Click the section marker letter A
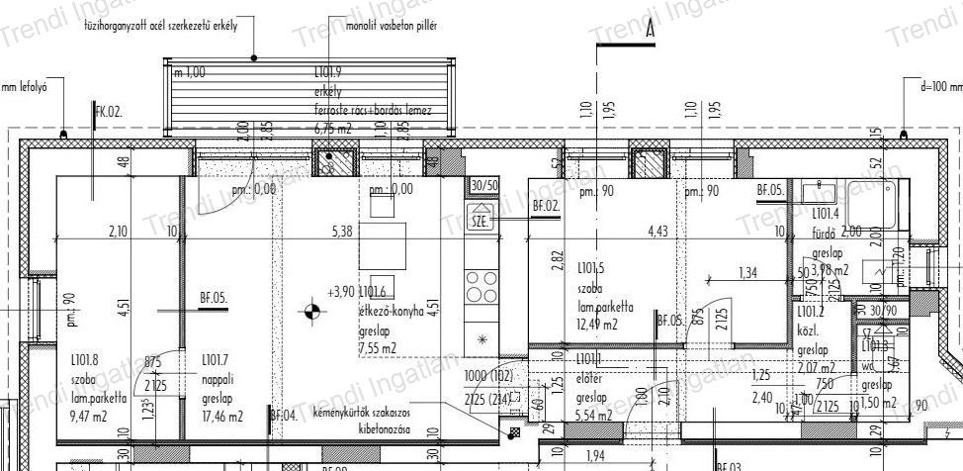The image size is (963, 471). pyautogui.click(x=650, y=31)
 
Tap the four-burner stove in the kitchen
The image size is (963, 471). pyautogui.click(x=481, y=286)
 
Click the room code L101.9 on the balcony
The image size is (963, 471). pyautogui.click(x=327, y=72)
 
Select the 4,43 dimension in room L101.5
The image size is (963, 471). pyautogui.click(x=658, y=233)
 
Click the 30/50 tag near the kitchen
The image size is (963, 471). pyautogui.click(x=484, y=185)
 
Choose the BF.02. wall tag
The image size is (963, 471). pyautogui.click(x=546, y=206)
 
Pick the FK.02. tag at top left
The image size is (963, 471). pyautogui.click(x=108, y=114)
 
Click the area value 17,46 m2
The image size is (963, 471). pyautogui.click(x=221, y=417)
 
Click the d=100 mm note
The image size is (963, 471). pyautogui.click(x=940, y=86)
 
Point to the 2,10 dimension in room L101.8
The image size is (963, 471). pyautogui.click(x=118, y=233)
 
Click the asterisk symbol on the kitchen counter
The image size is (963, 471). pyautogui.click(x=482, y=339)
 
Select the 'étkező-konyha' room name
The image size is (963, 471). pyautogui.click(x=391, y=310)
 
